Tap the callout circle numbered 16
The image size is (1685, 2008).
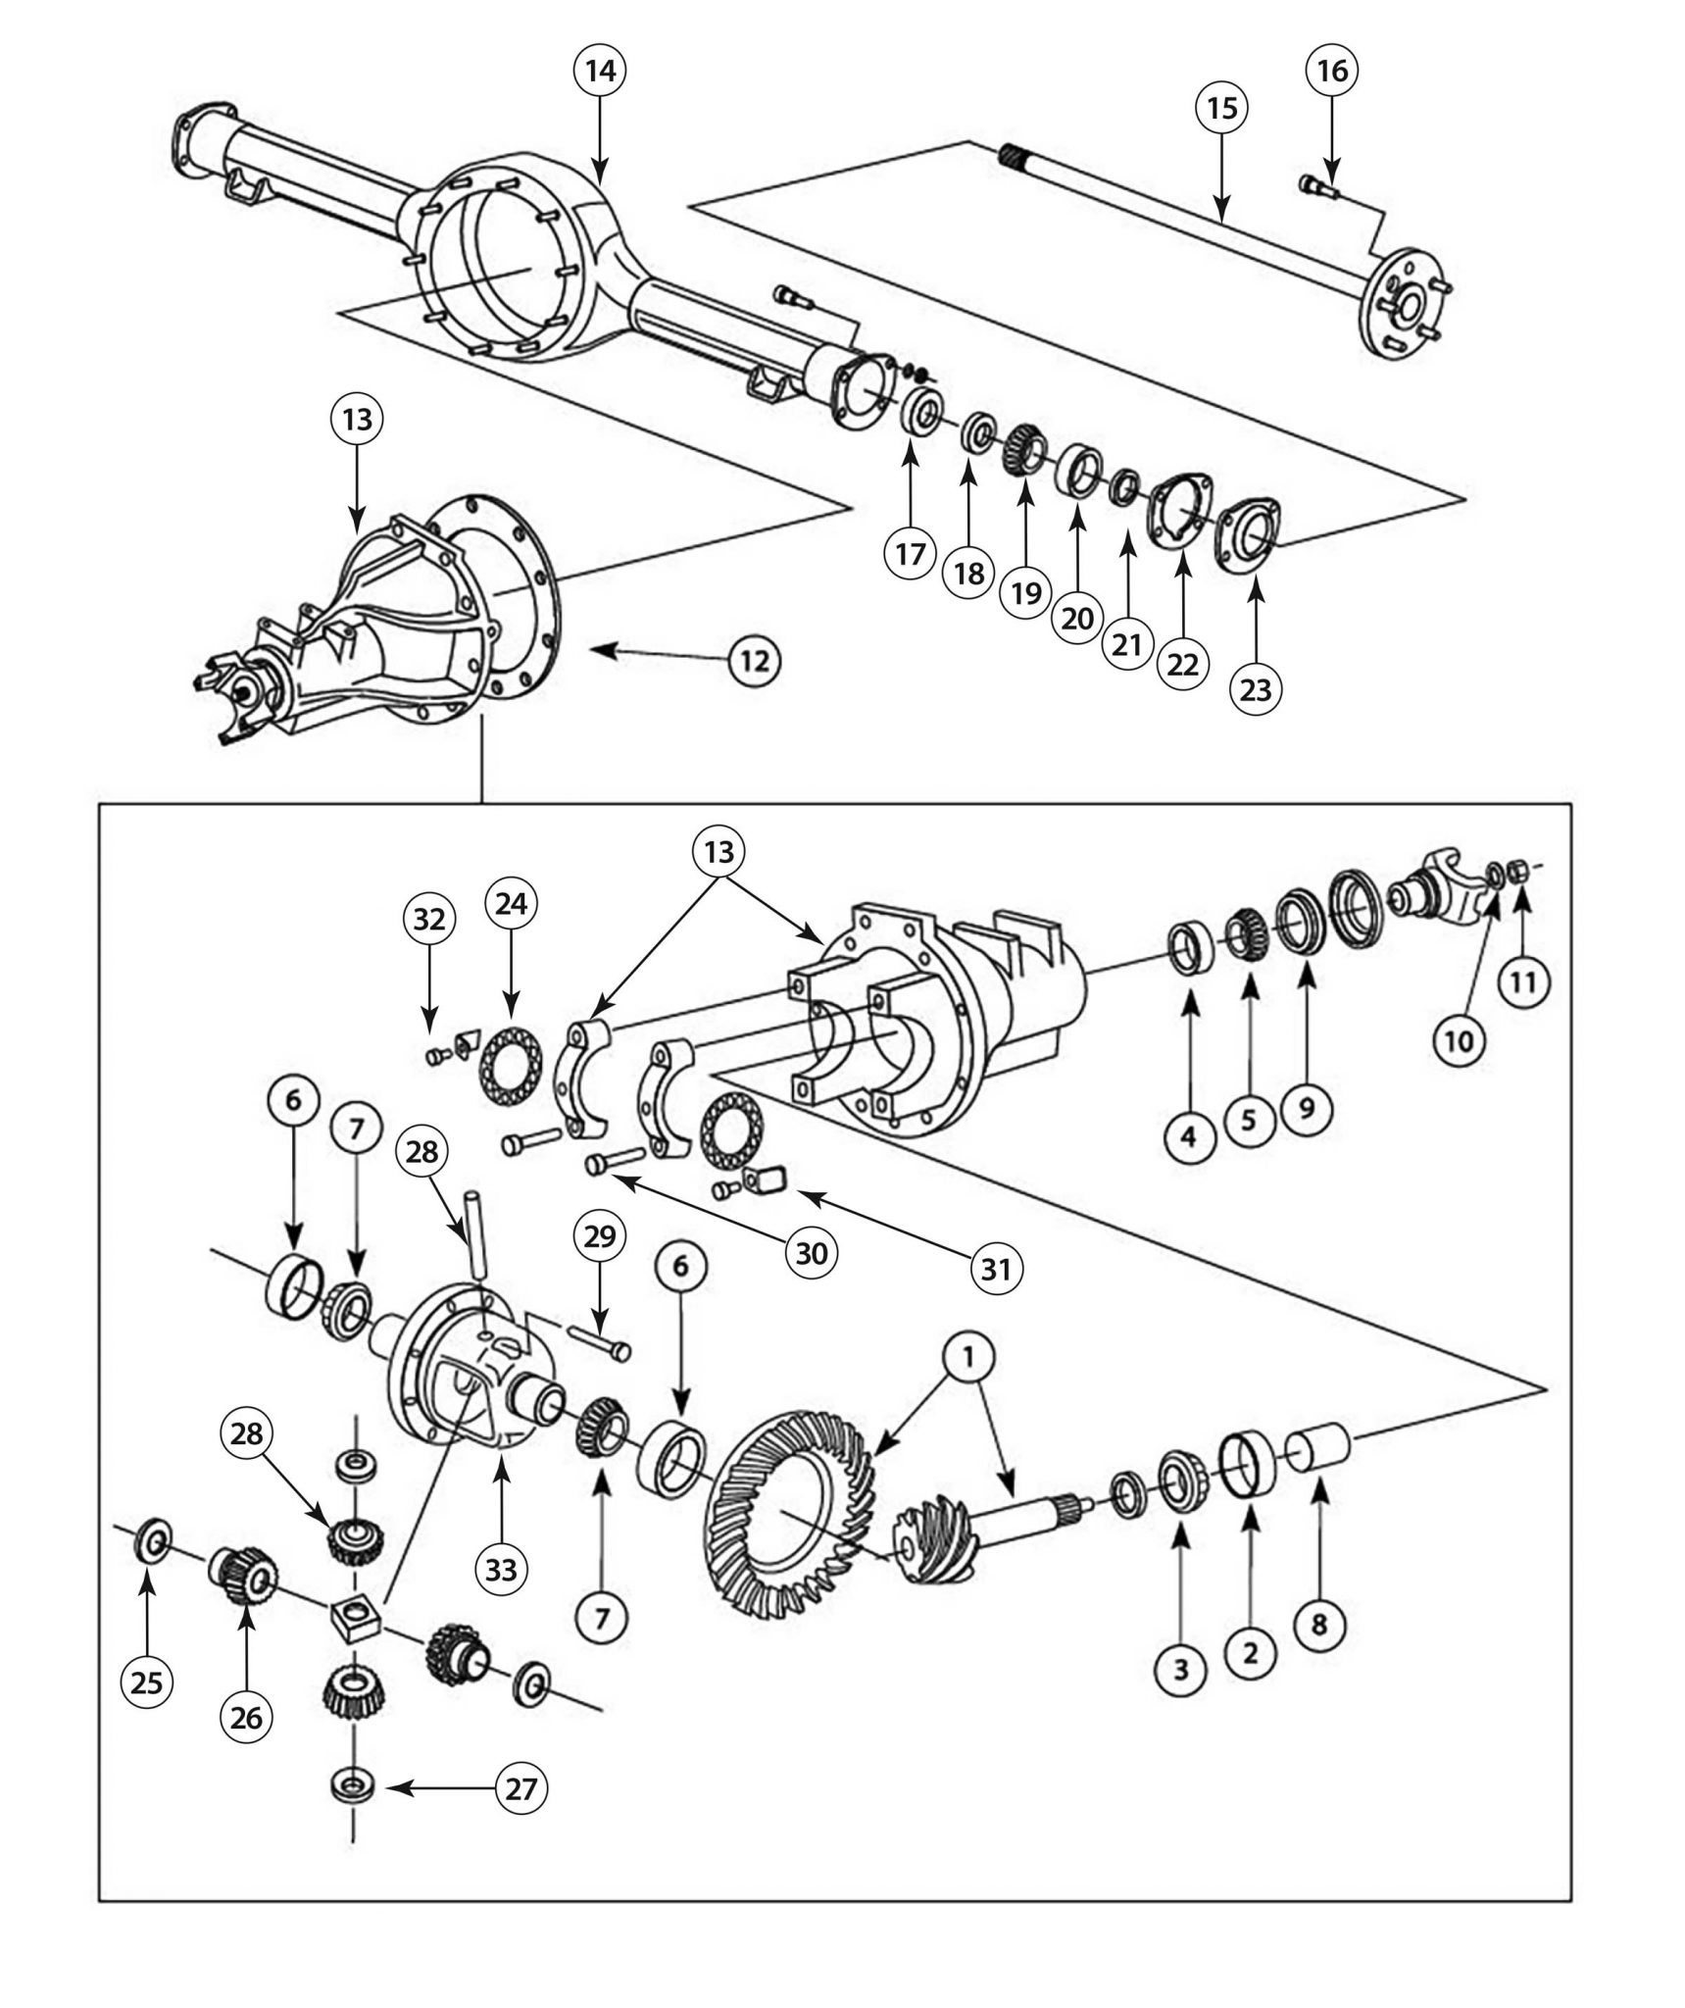pos(1332,71)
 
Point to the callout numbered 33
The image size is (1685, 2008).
pos(501,1570)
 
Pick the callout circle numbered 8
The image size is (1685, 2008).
pos(1319,1625)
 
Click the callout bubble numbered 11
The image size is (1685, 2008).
pos(1522,981)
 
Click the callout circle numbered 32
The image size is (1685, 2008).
pos(429,919)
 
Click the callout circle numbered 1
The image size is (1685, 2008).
pos(966,1356)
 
